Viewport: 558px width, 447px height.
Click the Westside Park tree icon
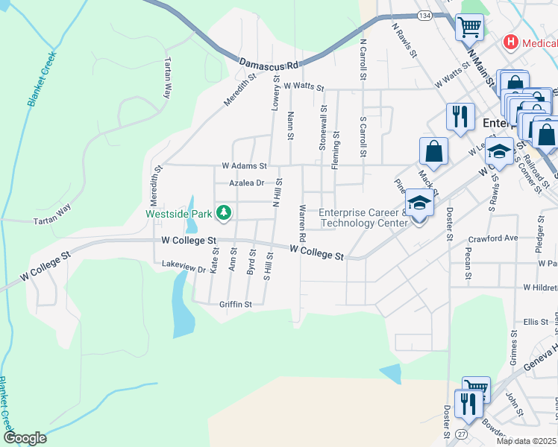pyautogui.click(x=223, y=213)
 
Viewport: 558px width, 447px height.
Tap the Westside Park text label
pyautogui.click(x=178, y=214)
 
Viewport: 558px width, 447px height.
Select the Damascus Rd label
pyautogui.click(x=269, y=65)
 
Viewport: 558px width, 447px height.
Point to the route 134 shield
pyautogui.click(x=424, y=16)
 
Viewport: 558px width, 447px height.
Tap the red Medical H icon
pyautogui.click(x=511, y=42)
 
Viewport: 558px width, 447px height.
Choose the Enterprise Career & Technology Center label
pyautogui.click(x=363, y=218)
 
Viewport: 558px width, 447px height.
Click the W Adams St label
pyautogui.click(x=244, y=165)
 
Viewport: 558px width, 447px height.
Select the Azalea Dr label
pyautogui.click(x=247, y=183)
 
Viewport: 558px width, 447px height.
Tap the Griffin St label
pyautogui.click(x=236, y=304)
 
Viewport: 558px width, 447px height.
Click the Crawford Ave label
pyautogui.click(x=492, y=238)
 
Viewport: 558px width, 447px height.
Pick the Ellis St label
pyautogui.click(x=536, y=322)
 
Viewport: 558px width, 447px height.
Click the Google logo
pyautogui.click(x=25, y=438)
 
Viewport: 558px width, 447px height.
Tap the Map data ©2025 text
pyautogui.click(x=527, y=441)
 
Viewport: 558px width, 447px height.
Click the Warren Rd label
pyautogui.click(x=302, y=223)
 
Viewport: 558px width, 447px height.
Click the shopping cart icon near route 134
pyautogui.click(x=469, y=28)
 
